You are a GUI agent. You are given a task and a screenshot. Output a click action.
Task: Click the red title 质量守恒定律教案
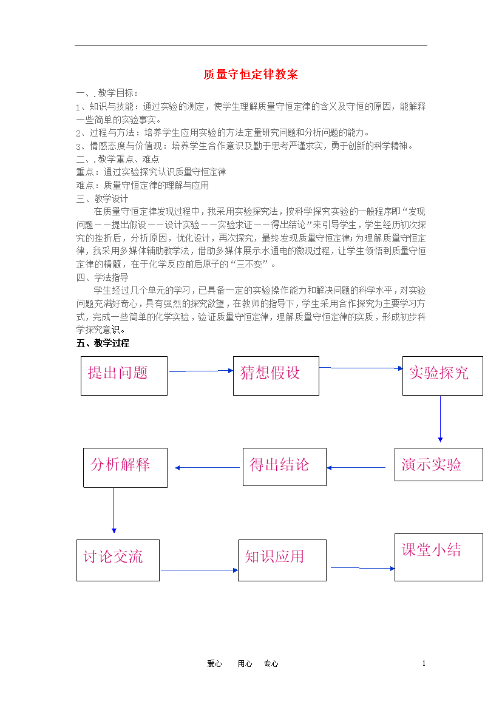[x=251, y=74]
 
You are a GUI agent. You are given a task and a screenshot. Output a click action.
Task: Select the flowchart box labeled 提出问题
[x=124, y=376]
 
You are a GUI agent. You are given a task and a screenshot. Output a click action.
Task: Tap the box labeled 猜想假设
[x=276, y=376]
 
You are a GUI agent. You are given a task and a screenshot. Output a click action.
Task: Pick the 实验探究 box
[x=443, y=376]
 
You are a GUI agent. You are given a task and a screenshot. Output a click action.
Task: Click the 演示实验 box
[x=439, y=465]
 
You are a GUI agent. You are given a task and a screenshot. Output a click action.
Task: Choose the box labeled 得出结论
[x=285, y=467]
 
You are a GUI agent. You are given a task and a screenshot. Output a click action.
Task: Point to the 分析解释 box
[x=125, y=468]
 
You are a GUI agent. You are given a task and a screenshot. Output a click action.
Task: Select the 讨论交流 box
[x=118, y=560]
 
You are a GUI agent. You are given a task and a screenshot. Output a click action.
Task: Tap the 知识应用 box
[x=282, y=560]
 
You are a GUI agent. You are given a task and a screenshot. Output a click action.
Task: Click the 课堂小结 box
[x=439, y=558]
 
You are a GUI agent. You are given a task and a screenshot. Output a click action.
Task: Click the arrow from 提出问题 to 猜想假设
[x=201, y=371]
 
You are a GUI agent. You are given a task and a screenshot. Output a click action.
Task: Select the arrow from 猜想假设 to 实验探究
[x=361, y=368]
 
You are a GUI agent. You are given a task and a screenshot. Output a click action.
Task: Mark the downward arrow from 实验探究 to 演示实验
[x=440, y=419]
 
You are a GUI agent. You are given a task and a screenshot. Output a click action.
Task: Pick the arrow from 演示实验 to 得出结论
[x=356, y=468]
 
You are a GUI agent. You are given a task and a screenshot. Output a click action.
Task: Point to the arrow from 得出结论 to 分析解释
[x=208, y=468]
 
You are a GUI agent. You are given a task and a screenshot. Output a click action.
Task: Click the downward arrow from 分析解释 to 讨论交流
[x=114, y=510]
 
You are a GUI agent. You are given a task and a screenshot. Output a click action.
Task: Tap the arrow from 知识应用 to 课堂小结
[x=363, y=568]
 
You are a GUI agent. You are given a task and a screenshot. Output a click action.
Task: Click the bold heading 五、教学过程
[x=103, y=343]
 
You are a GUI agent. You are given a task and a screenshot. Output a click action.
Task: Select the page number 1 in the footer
[x=424, y=663]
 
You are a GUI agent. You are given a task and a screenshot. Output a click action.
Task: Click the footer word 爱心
[x=214, y=664]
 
